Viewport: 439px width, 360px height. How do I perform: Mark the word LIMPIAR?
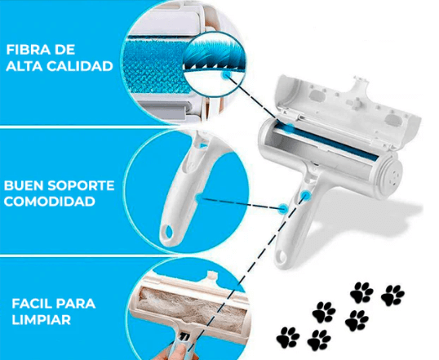pyautogui.click(x=38, y=322)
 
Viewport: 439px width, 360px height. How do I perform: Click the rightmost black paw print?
pyautogui.click(x=392, y=294)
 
